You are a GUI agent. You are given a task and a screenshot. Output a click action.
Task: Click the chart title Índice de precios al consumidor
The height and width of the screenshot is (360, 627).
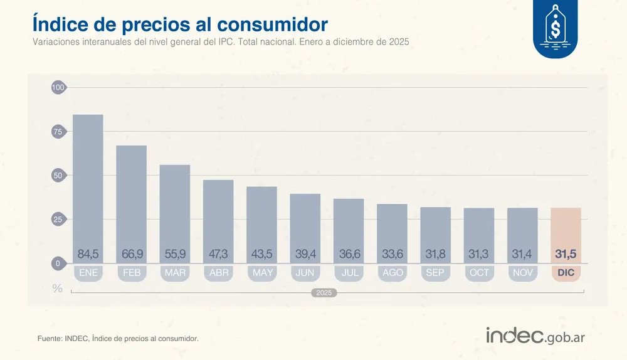(179, 24)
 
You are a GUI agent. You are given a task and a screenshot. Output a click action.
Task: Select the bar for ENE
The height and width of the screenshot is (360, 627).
(88, 182)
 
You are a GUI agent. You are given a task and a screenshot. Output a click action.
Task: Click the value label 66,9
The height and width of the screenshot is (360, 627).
(132, 254)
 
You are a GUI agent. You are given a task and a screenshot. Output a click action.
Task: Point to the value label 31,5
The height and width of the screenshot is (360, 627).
(566, 254)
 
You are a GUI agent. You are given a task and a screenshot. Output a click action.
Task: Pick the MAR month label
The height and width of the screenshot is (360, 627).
(175, 273)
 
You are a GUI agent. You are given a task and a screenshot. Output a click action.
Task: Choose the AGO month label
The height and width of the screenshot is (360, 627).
(392, 273)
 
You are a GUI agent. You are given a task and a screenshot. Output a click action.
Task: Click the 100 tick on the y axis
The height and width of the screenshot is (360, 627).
(58, 88)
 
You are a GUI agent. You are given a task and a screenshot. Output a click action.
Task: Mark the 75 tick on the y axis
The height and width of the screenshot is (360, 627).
(58, 132)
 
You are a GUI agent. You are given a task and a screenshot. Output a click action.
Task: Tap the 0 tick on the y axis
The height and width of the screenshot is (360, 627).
(58, 263)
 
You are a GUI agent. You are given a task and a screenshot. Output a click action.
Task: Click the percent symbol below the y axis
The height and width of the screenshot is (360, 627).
(58, 289)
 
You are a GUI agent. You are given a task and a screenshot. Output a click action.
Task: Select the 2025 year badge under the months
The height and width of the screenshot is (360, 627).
(324, 293)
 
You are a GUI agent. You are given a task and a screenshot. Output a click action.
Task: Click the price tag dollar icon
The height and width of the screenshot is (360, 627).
(555, 28)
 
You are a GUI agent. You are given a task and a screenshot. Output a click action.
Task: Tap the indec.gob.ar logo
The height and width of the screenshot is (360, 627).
(535, 336)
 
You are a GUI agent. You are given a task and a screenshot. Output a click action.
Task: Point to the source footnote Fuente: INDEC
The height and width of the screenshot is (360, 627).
(118, 339)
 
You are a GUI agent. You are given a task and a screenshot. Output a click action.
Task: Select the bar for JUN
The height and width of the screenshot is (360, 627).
(305, 226)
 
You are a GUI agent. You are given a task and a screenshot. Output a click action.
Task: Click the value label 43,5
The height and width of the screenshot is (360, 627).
(261, 254)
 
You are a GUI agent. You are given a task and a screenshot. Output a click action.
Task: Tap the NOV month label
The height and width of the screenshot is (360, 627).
(522, 273)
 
